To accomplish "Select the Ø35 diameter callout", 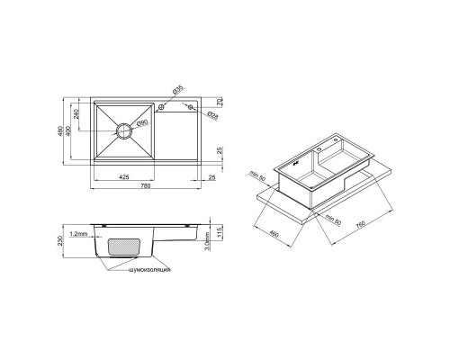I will [178, 89].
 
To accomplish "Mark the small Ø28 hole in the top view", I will [191, 106].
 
